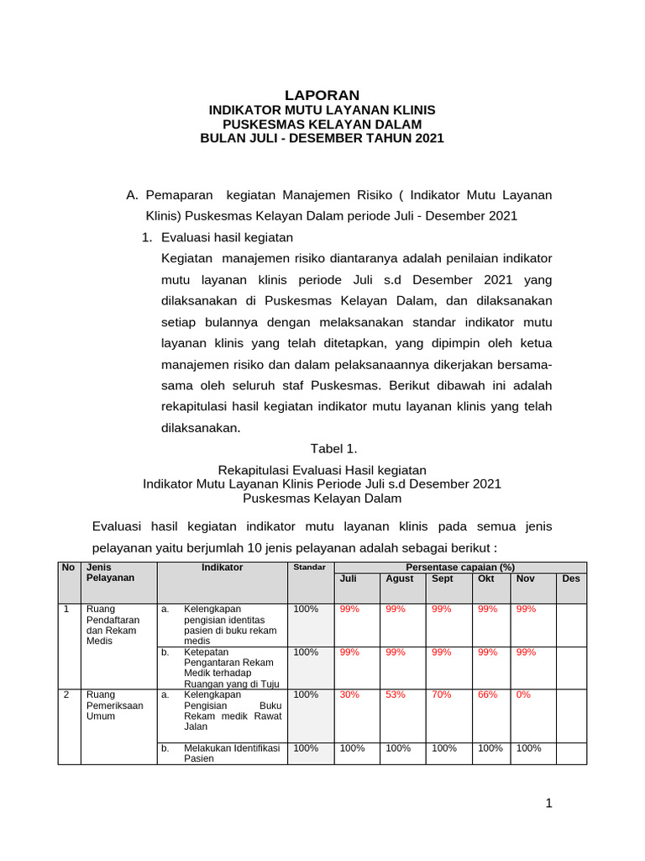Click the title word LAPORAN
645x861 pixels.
[x=322, y=95]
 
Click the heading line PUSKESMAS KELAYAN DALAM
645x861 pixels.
[x=322, y=124]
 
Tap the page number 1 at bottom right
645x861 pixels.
[x=548, y=804]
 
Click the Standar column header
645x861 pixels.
[x=308, y=568]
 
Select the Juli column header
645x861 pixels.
[x=348, y=579]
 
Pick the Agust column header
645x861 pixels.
[x=399, y=579]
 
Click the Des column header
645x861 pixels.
[x=570, y=579]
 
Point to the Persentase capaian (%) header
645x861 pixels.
[x=459, y=568]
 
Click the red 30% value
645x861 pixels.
[x=349, y=695]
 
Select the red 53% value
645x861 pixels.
[x=395, y=695]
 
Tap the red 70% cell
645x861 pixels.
[x=441, y=695]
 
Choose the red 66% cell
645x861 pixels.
[x=487, y=695]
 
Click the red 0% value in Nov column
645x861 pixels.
[x=523, y=695]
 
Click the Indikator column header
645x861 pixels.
[x=222, y=568]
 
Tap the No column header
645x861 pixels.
[x=69, y=568]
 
